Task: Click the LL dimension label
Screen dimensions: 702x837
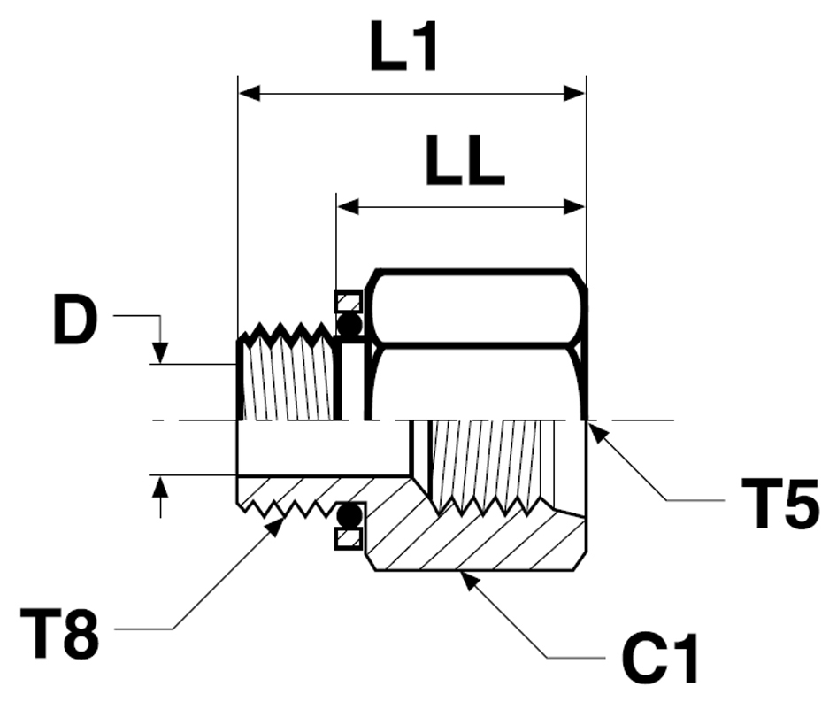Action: coord(464,161)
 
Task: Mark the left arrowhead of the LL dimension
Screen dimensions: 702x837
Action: coord(348,207)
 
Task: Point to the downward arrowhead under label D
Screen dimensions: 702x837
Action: coord(159,353)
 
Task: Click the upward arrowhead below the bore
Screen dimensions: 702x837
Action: coord(159,486)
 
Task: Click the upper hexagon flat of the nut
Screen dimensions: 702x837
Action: coord(478,306)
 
